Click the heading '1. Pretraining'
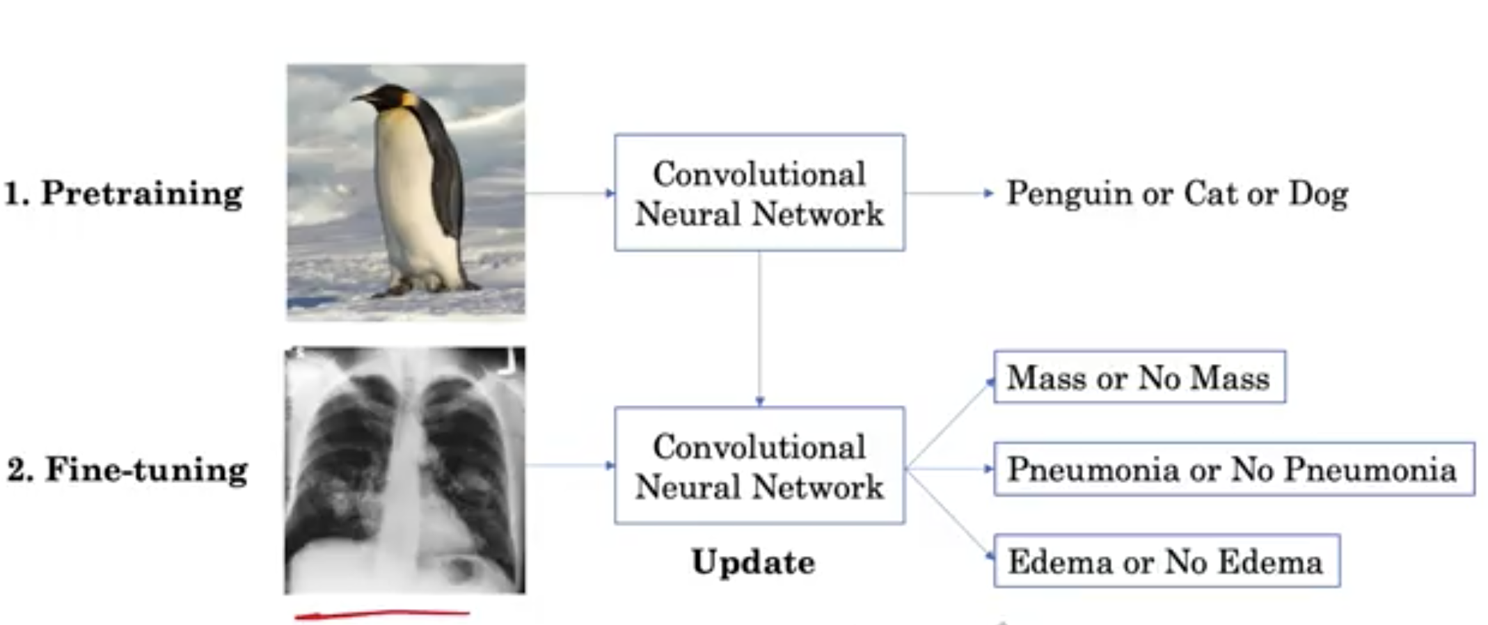[124, 193]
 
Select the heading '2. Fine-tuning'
[127, 470]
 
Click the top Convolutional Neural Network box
[759, 193]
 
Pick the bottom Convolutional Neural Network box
[759, 466]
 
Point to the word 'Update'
[753, 562]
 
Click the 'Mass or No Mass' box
[1139, 377]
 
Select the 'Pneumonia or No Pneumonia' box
[1233, 469]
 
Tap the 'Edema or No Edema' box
[1166, 562]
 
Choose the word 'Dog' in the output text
[1318, 194]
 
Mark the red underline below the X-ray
[383, 615]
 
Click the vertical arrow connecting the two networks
[759, 327]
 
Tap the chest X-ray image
[405, 470]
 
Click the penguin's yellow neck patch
[409, 102]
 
